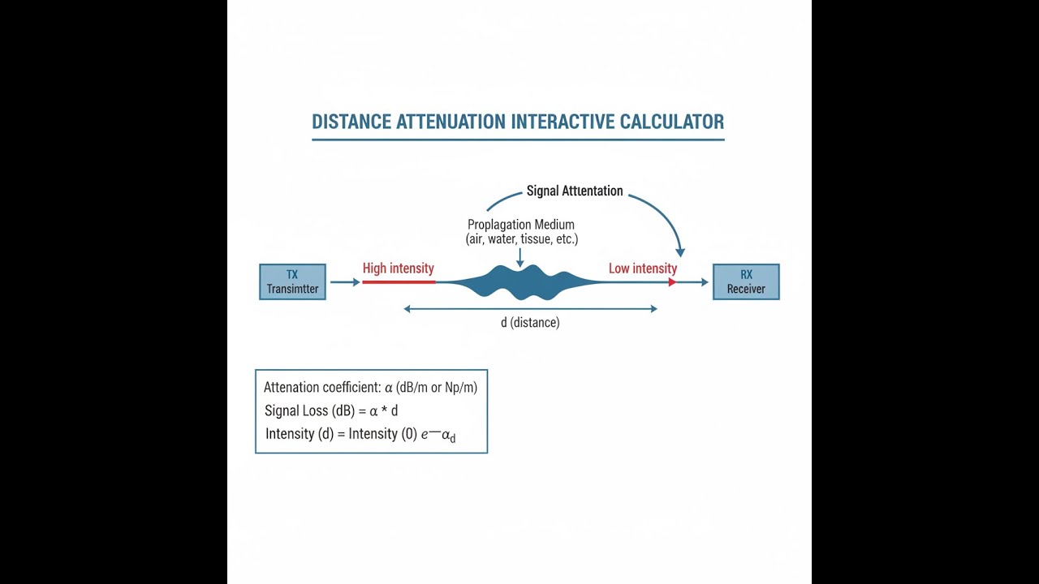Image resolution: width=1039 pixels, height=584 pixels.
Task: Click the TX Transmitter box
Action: tap(292, 281)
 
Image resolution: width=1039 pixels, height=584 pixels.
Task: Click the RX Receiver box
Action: tap(746, 281)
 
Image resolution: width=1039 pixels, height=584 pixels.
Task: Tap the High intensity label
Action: tap(398, 268)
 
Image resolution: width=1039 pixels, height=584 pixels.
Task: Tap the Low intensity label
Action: tap(643, 268)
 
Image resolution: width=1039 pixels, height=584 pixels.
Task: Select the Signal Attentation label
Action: tap(575, 191)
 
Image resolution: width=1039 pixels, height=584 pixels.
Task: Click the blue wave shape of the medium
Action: tap(519, 281)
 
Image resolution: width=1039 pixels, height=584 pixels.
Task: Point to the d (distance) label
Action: tap(530, 323)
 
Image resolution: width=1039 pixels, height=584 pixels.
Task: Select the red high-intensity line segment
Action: tap(399, 281)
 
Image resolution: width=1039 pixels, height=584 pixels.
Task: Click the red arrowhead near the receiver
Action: tap(672, 281)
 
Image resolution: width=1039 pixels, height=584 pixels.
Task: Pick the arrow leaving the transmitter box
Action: tap(345, 281)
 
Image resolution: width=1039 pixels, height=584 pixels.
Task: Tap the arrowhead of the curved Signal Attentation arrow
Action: tap(680, 252)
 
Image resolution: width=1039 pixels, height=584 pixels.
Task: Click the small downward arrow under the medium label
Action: tap(520, 258)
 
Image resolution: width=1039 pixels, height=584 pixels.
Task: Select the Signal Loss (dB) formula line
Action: tap(331, 410)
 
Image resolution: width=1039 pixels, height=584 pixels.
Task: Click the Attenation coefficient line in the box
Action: tap(370, 388)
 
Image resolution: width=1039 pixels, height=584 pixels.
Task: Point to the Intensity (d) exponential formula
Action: tap(360, 435)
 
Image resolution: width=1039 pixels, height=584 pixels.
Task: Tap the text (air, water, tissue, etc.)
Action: tap(522, 239)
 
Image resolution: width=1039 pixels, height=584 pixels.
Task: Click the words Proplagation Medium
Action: tap(521, 225)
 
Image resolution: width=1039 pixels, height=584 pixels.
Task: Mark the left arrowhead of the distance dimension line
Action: tap(407, 309)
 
